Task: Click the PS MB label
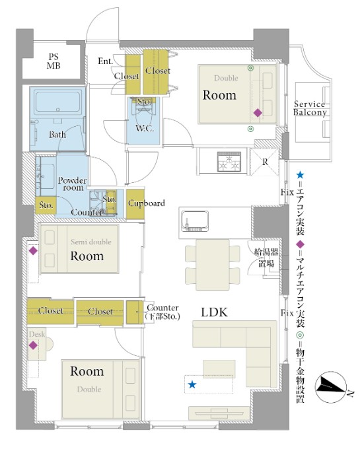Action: tap(54, 61)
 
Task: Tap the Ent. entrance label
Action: tap(105, 61)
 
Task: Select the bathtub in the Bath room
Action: tap(58, 102)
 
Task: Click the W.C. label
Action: tap(145, 128)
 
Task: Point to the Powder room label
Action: tap(72, 184)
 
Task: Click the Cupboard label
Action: tap(147, 203)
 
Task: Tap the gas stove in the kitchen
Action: tap(229, 162)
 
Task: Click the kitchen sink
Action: tap(195, 221)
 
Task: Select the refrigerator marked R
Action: tap(265, 162)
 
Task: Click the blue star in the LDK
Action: tap(192, 384)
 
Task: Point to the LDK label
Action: tap(214, 312)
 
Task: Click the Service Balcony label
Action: tap(310, 108)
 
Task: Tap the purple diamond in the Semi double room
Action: tap(33, 251)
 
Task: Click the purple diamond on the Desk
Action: tap(33, 345)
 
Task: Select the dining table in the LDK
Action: tap(213, 265)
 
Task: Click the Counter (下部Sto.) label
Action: tap(162, 312)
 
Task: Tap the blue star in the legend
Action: tap(300, 174)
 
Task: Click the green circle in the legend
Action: tap(300, 335)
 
